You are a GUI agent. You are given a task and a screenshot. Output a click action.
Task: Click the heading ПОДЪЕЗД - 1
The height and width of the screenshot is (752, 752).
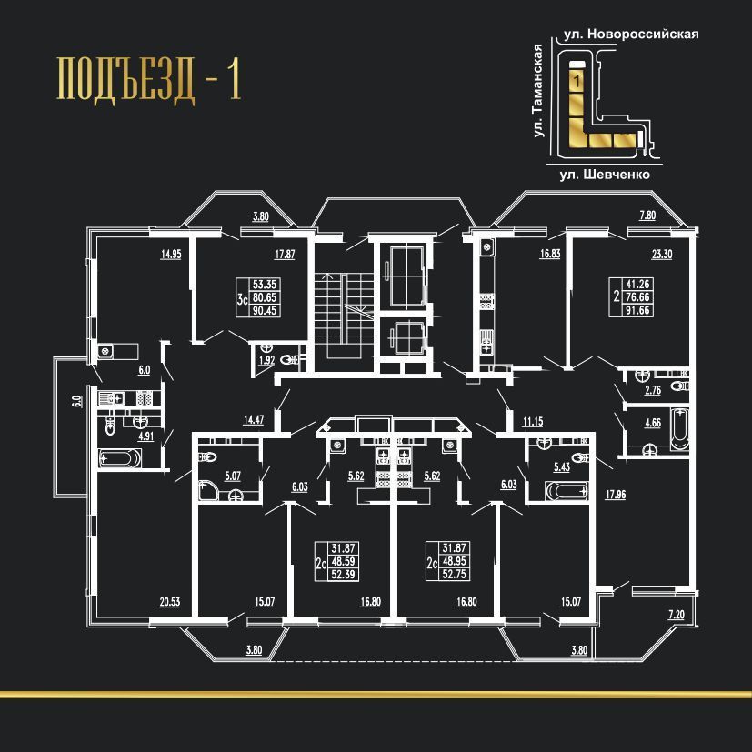click(x=149, y=78)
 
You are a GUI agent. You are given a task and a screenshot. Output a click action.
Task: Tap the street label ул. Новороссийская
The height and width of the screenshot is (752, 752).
click(x=631, y=34)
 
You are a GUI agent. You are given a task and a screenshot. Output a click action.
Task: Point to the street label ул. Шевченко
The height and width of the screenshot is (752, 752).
click(x=605, y=175)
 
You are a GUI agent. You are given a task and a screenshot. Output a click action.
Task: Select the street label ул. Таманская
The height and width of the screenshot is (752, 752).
click(x=538, y=91)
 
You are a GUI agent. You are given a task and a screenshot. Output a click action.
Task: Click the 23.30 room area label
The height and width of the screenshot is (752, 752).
click(x=662, y=255)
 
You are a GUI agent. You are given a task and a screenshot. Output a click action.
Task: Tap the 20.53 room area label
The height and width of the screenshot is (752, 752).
click(x=170, y=602)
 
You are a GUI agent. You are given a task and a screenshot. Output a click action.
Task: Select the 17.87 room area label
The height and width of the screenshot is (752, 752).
click(x=285, y=255)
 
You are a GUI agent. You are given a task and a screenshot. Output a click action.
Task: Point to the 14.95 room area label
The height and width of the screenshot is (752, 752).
click(x=171, y=255)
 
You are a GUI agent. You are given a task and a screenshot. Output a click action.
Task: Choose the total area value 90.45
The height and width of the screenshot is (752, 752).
click(x=265, y=310)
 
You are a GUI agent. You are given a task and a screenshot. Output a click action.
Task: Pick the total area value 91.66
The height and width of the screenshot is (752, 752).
click(x=637, y=310)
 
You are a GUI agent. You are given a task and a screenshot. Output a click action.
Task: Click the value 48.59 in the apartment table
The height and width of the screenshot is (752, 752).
click(x=343, y=561)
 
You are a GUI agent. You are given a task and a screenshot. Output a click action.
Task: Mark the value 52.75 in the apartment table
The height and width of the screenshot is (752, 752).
click(x=454, y=574)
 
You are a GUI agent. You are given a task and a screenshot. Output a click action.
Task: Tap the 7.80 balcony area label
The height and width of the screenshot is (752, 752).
click(x=647, y=216)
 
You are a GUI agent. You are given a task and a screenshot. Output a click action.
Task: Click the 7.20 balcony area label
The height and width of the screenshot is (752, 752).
click(x=677, y=615)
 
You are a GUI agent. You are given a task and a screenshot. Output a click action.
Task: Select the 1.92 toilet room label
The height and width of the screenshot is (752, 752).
click(x=266, y=360)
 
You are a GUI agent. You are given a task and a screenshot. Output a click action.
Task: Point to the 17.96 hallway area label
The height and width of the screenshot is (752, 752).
click(x=616, y=495)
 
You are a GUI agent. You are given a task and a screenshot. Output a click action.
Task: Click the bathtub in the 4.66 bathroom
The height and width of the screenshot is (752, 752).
click(x=679, y=428)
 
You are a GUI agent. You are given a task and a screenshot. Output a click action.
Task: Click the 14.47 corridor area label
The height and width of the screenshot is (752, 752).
click(x=254, y=420)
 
